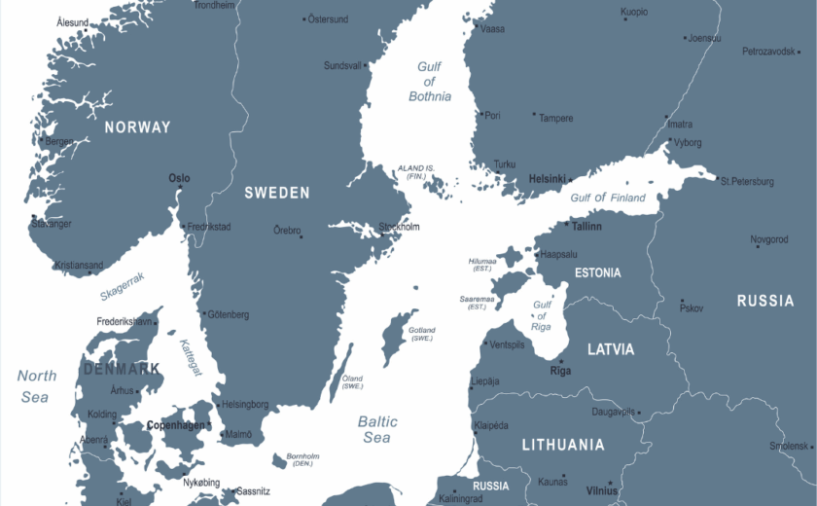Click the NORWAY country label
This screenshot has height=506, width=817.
tap(137, 126)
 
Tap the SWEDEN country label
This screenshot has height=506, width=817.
tap(276, 193)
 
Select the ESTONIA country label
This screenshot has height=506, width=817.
tap(597, 272)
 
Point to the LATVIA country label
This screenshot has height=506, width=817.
tap(611, 349)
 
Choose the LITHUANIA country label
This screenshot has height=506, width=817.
tap(563, 445)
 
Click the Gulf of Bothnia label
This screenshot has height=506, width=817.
tap(429, 82)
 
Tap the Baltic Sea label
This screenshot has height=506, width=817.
tap(377, 429)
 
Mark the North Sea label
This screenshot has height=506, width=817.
tap(36, 386)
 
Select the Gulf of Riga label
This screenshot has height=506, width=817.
tap(542, 315)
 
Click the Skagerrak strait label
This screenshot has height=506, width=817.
tap(123, 286)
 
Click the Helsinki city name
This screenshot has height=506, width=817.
tap(547, 179)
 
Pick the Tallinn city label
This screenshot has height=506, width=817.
tap(586, 226)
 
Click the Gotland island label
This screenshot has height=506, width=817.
tap(421, 334)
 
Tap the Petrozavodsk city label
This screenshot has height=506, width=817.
tap(769, 51)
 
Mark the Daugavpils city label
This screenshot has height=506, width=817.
tap(611, 413)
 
